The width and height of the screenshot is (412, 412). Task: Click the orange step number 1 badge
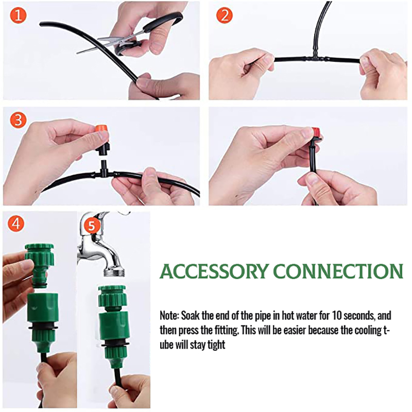(19, 15)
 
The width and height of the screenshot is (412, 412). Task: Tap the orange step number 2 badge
(224, 15)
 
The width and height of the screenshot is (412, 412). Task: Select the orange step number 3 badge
(19, 120)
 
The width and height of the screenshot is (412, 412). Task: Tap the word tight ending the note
(215, 345)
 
